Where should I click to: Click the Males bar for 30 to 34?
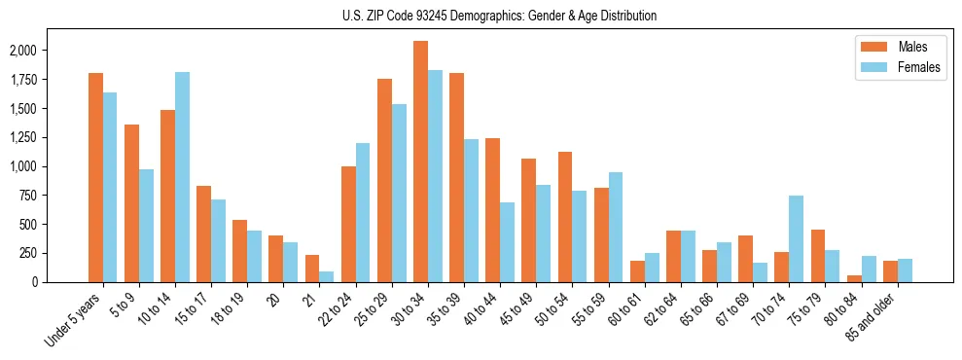[x=420, y=162]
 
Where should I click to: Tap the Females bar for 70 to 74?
[x=796, y=238]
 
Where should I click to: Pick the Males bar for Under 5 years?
[x=95, y=177]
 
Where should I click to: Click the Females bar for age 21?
[x=326, y=276]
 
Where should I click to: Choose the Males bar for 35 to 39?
[x=456, y=177]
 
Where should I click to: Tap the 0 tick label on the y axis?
[x=61, y=282]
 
